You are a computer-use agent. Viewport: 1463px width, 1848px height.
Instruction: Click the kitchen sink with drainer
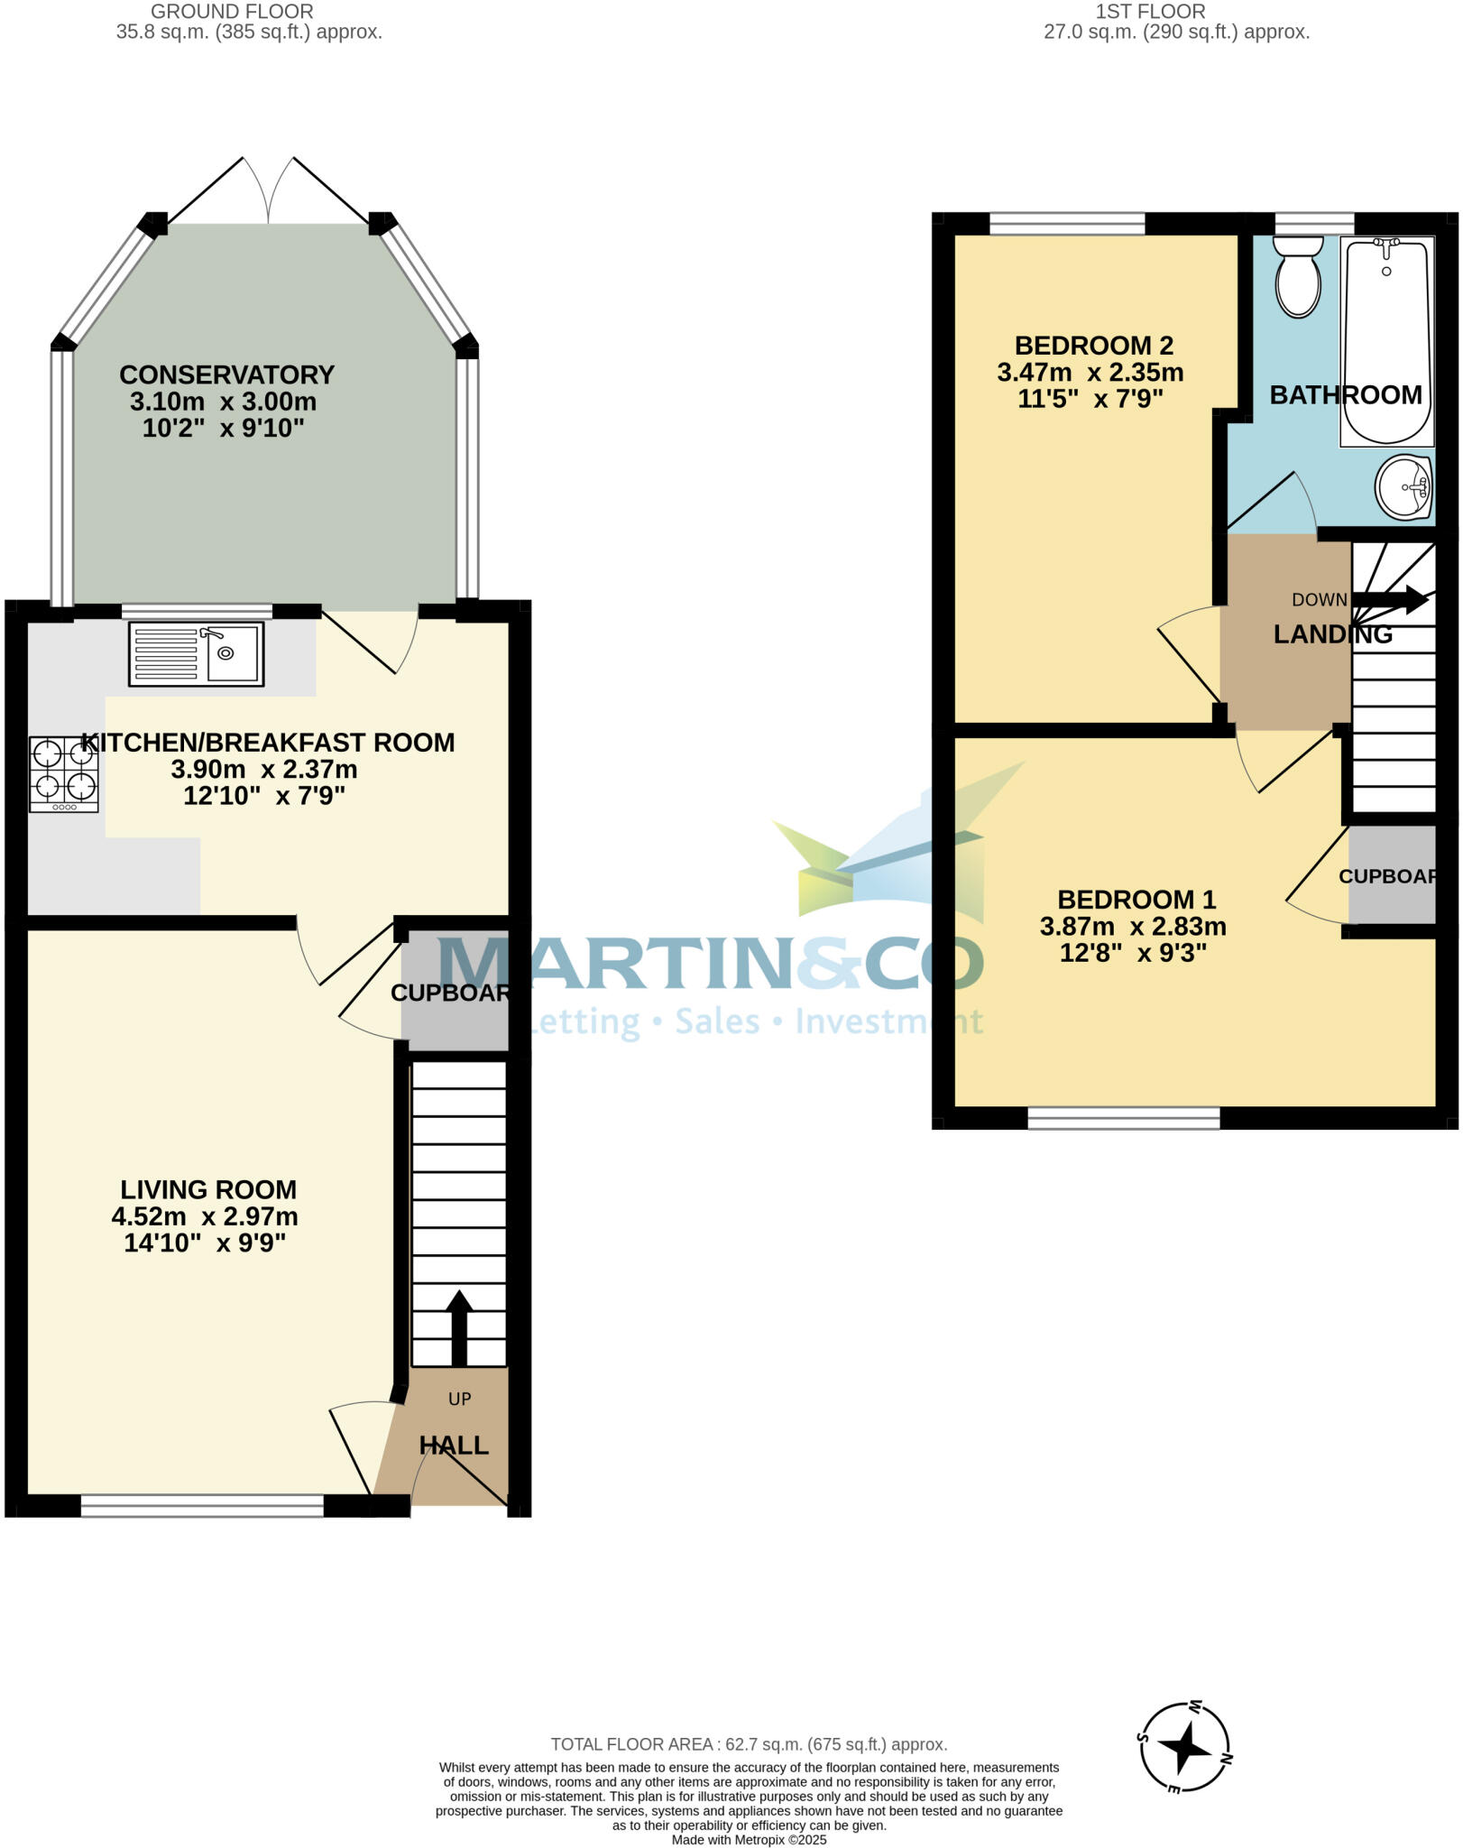click(196, 653)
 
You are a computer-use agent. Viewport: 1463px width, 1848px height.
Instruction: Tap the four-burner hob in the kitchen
click(63, 774)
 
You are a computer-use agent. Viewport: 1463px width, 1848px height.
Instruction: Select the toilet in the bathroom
click(1298, 277)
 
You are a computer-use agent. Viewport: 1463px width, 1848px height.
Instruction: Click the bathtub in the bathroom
click(1386, 341)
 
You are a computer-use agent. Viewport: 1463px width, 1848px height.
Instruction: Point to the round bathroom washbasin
click(1403, 487)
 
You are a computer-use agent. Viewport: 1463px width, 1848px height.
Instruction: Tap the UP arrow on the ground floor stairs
click(459, 1327)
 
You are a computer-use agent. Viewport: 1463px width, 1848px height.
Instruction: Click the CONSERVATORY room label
click(226, 374)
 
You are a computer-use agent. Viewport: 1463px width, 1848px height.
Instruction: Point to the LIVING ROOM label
click(208, 1189)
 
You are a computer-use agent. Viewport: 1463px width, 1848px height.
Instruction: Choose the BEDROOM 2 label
click(1093, 346)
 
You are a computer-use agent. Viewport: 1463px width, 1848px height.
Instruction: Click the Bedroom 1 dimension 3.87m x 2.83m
click(1133, 927)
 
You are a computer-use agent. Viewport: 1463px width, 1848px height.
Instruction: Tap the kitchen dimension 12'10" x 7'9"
click(264, 796)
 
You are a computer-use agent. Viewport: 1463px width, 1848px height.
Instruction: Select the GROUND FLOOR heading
click(232, 12)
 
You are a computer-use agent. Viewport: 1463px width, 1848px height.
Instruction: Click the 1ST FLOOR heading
click(1150, 12)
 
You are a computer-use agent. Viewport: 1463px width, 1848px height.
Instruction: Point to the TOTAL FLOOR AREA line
click(749, 1744)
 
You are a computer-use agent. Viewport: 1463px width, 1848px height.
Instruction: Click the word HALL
click(454, 1446)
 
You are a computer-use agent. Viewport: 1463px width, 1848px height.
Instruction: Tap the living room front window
click(202, 1505)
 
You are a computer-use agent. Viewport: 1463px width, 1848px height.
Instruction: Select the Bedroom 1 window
click(1123, 1119)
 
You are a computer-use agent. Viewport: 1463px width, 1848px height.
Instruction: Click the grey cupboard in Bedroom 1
click(1392, 874)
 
